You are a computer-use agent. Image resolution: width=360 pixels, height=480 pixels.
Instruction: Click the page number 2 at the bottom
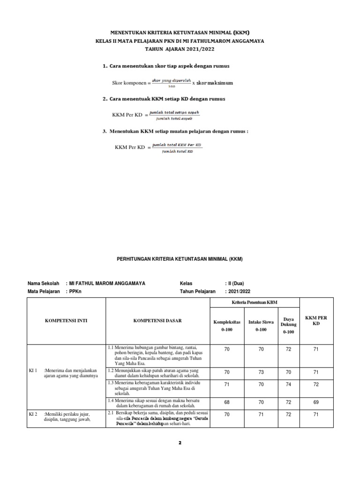tap(180, 443)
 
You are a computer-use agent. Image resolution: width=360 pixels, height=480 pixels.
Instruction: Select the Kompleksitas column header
tap(227, 326)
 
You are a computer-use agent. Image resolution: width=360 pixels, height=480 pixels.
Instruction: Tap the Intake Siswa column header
tap(261, 326)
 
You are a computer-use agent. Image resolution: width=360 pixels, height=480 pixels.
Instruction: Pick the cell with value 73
tap(261, 372)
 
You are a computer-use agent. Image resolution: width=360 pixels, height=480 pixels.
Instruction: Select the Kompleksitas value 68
tap(227, 402)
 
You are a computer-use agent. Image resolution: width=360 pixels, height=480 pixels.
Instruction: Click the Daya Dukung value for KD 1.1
tap(289, 349)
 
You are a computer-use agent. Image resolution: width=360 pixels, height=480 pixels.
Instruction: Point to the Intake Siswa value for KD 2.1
tap(261, 414)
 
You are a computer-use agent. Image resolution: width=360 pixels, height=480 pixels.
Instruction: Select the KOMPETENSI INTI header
tap(66, 321)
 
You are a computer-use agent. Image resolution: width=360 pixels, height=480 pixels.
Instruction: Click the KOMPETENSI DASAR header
tap(157, 321)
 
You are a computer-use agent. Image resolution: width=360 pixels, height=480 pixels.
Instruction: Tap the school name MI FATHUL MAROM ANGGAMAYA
tap(107, 283)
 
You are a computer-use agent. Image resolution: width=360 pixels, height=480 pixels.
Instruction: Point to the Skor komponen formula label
tap(129, 83)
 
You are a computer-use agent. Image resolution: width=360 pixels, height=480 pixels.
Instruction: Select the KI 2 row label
tap(33, 413)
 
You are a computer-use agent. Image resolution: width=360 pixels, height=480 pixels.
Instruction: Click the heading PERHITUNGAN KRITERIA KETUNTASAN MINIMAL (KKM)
tap(180, 259)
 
